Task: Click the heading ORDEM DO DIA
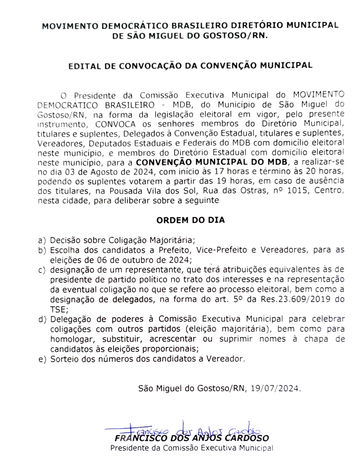(190, 221)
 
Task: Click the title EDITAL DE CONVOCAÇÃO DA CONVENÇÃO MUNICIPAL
(190, 65)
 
